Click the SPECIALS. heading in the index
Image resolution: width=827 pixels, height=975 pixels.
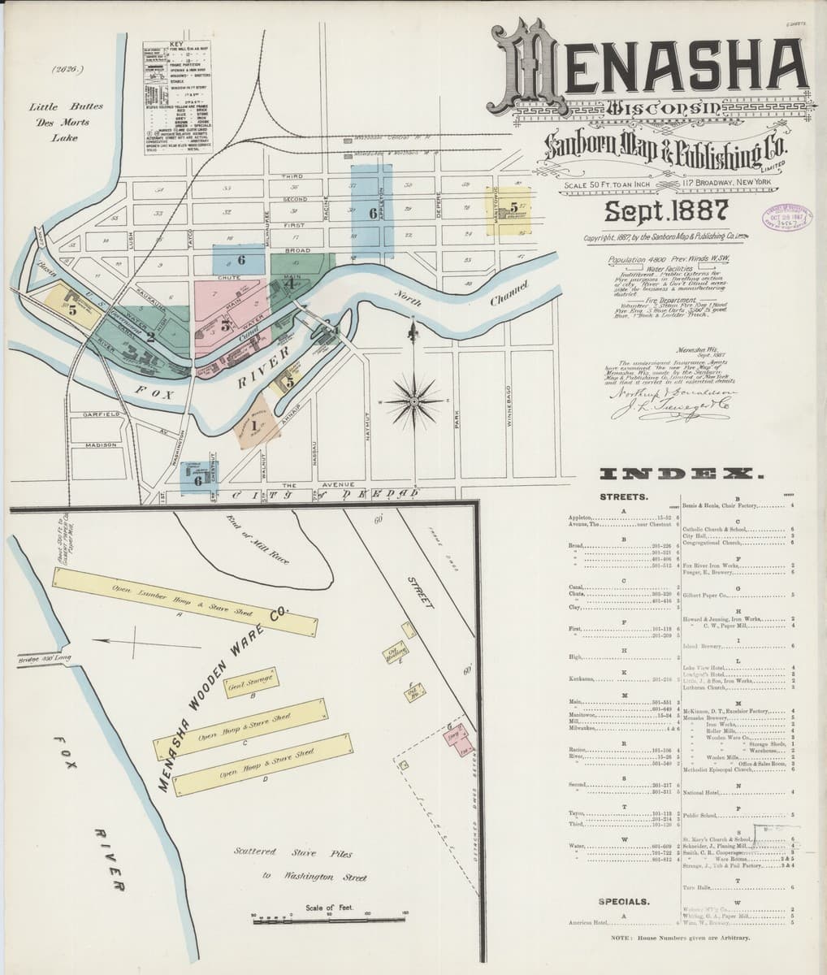[x=624, y=901]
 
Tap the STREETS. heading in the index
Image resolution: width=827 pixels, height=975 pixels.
[x=623, y=496]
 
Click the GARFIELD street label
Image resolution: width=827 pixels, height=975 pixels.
[x=102, y=414]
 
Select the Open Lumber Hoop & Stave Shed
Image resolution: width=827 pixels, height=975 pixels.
[x=184, y=602]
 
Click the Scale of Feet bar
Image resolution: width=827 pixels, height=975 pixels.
[x=329, y=919]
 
